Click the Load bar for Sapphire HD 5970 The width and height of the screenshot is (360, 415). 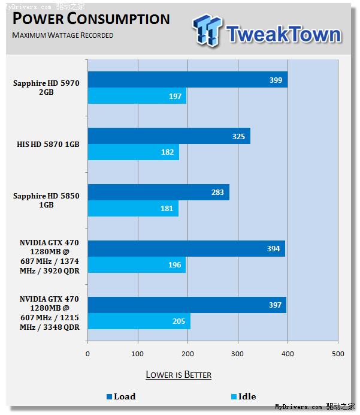tap(187, 80)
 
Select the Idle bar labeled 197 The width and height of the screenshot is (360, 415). tap(137, 96)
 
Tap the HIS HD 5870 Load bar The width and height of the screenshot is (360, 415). tap(169, 136)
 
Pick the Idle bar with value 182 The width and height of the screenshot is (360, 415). tap(134, 152)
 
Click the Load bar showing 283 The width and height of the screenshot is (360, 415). tap(159, 193)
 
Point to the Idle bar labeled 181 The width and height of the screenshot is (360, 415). tap(133, 209)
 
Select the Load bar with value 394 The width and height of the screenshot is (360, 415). tap(186, 249)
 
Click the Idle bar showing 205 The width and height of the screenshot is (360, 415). tap(139, 321)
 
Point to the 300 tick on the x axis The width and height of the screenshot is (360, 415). tap(237, 354)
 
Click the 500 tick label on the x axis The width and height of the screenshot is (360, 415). tap(337, 354)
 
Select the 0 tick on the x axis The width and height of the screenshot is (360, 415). tap(87, 354)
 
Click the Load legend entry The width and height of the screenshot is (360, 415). tap(121, 396)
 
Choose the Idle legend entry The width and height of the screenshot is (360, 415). tap(243, 396)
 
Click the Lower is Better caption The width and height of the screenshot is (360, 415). tap(179, 375)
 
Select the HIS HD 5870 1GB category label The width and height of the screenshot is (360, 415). tap(49, 144)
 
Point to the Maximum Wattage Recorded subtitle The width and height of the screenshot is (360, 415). tap(63, 35)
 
